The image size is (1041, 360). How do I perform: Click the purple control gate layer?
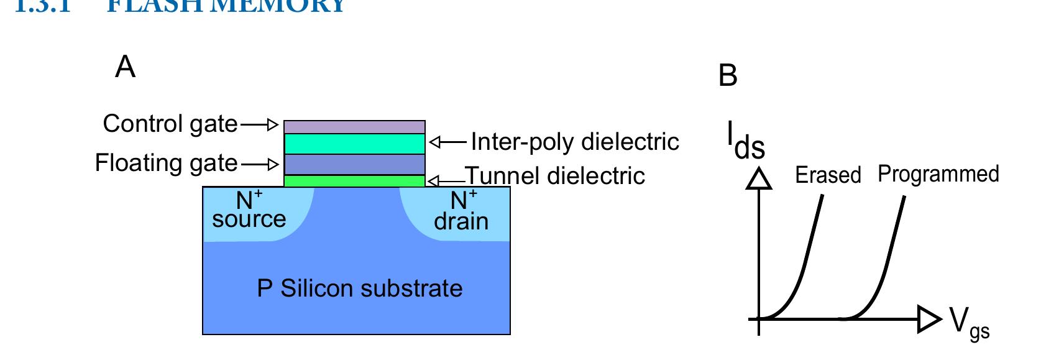click(x=354, y=127)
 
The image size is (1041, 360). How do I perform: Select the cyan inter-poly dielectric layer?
click(x=354, y=144)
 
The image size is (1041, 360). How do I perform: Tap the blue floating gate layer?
click(x=354, y=164)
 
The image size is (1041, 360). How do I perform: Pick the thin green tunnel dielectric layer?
click(x=354, y=181)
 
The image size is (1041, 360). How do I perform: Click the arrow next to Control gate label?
click(x=259, y=125)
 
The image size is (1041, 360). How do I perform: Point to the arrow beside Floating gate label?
click(x=260, y=165)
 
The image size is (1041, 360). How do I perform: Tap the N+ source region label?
click(x=249, y=210)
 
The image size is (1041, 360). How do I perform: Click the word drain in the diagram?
click(x=461, y=222)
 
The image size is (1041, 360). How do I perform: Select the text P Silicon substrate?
click(x=360, y=289)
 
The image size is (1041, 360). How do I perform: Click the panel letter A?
click(x=125, y=67)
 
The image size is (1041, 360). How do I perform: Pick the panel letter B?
click(x=728, y=76)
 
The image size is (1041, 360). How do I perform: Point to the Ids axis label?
click(x=746, y=141)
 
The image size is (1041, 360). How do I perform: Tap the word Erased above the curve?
click(x=828, y=175)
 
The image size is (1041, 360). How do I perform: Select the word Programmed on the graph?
click(x=938, y=174)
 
